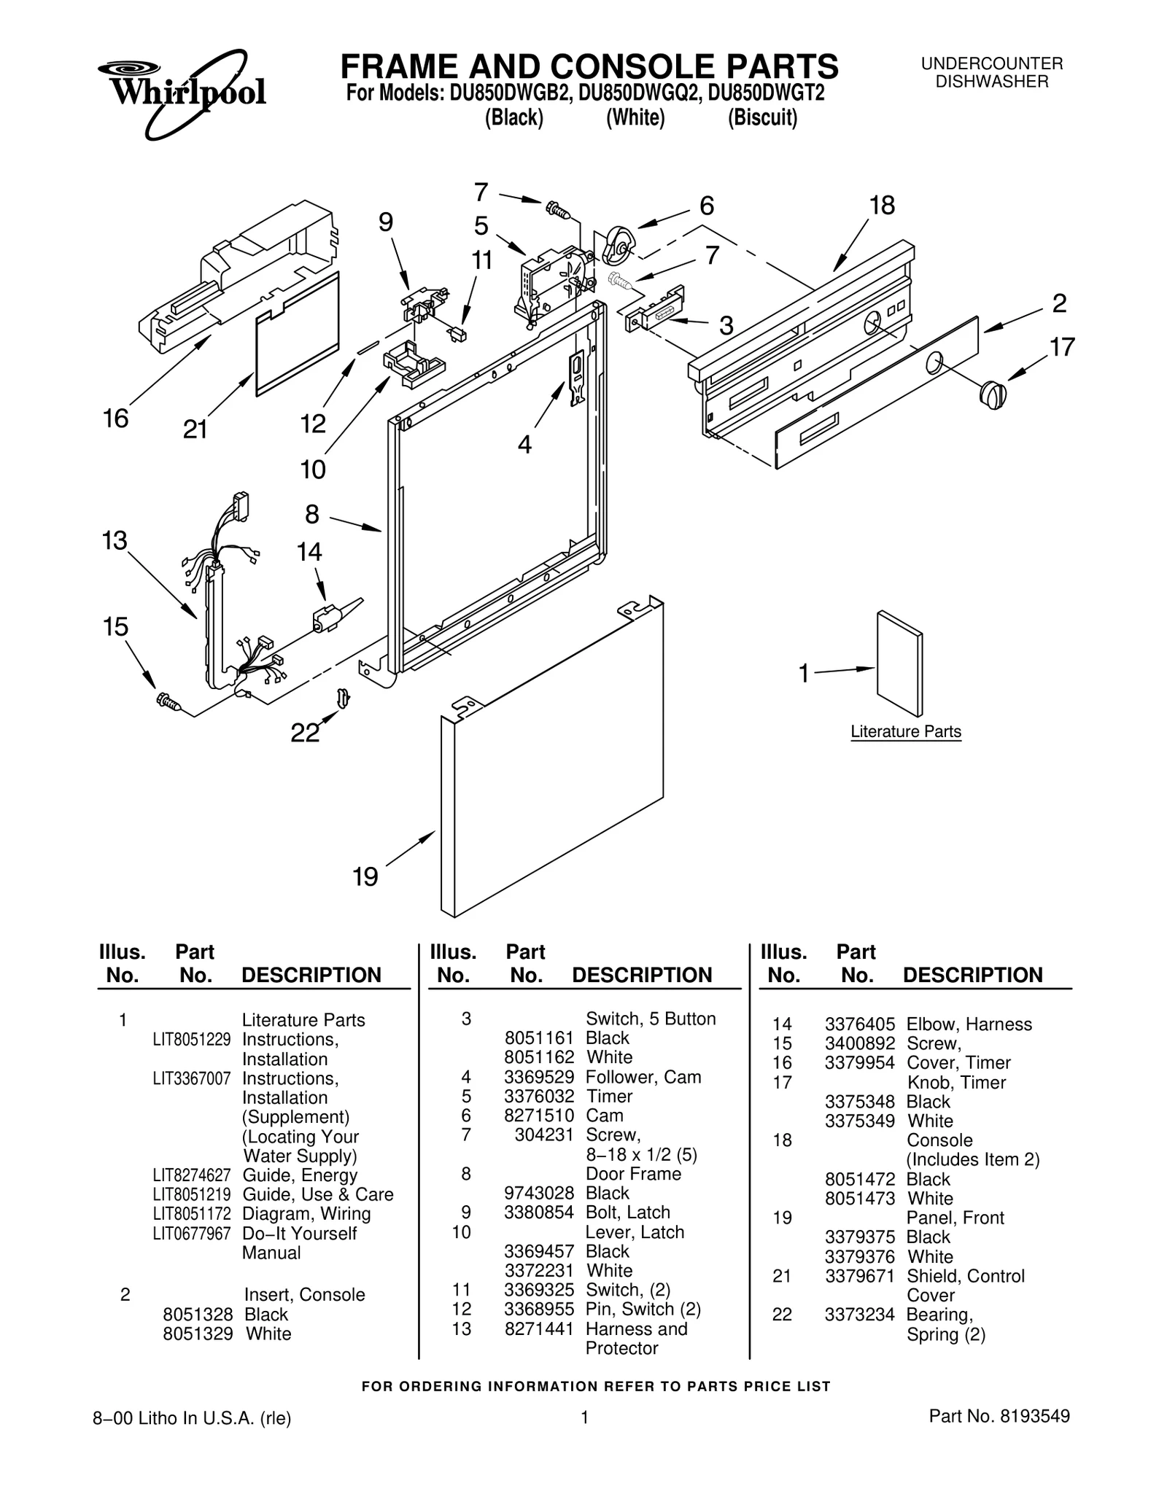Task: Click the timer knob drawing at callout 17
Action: pyautogui.click(x=992, y=394)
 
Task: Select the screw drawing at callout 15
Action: pyautogui.click(x=168, y=701)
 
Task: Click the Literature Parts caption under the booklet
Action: pyautogui.click(x=905, y=731)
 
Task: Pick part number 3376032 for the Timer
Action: pyautogui.click(x=539, y=1097)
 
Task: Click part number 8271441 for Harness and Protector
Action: pyautogui.click(x=539, y=1328)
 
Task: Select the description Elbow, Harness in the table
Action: pyautogui.click(x=969, y=1024)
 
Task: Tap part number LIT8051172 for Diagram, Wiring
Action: pyautogui.click(x=191, y=1214)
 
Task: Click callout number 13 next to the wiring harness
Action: pyautogui.click(x=115, y=541)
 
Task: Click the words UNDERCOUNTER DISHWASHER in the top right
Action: pyautogui.click(x=991, y=73)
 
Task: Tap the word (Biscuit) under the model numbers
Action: pyautogui.click(x=762, y=117)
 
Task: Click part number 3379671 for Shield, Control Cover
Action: pyautogui.click(x=859, y=1276)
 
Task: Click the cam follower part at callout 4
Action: pyautogui.click(x=577, y=377)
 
